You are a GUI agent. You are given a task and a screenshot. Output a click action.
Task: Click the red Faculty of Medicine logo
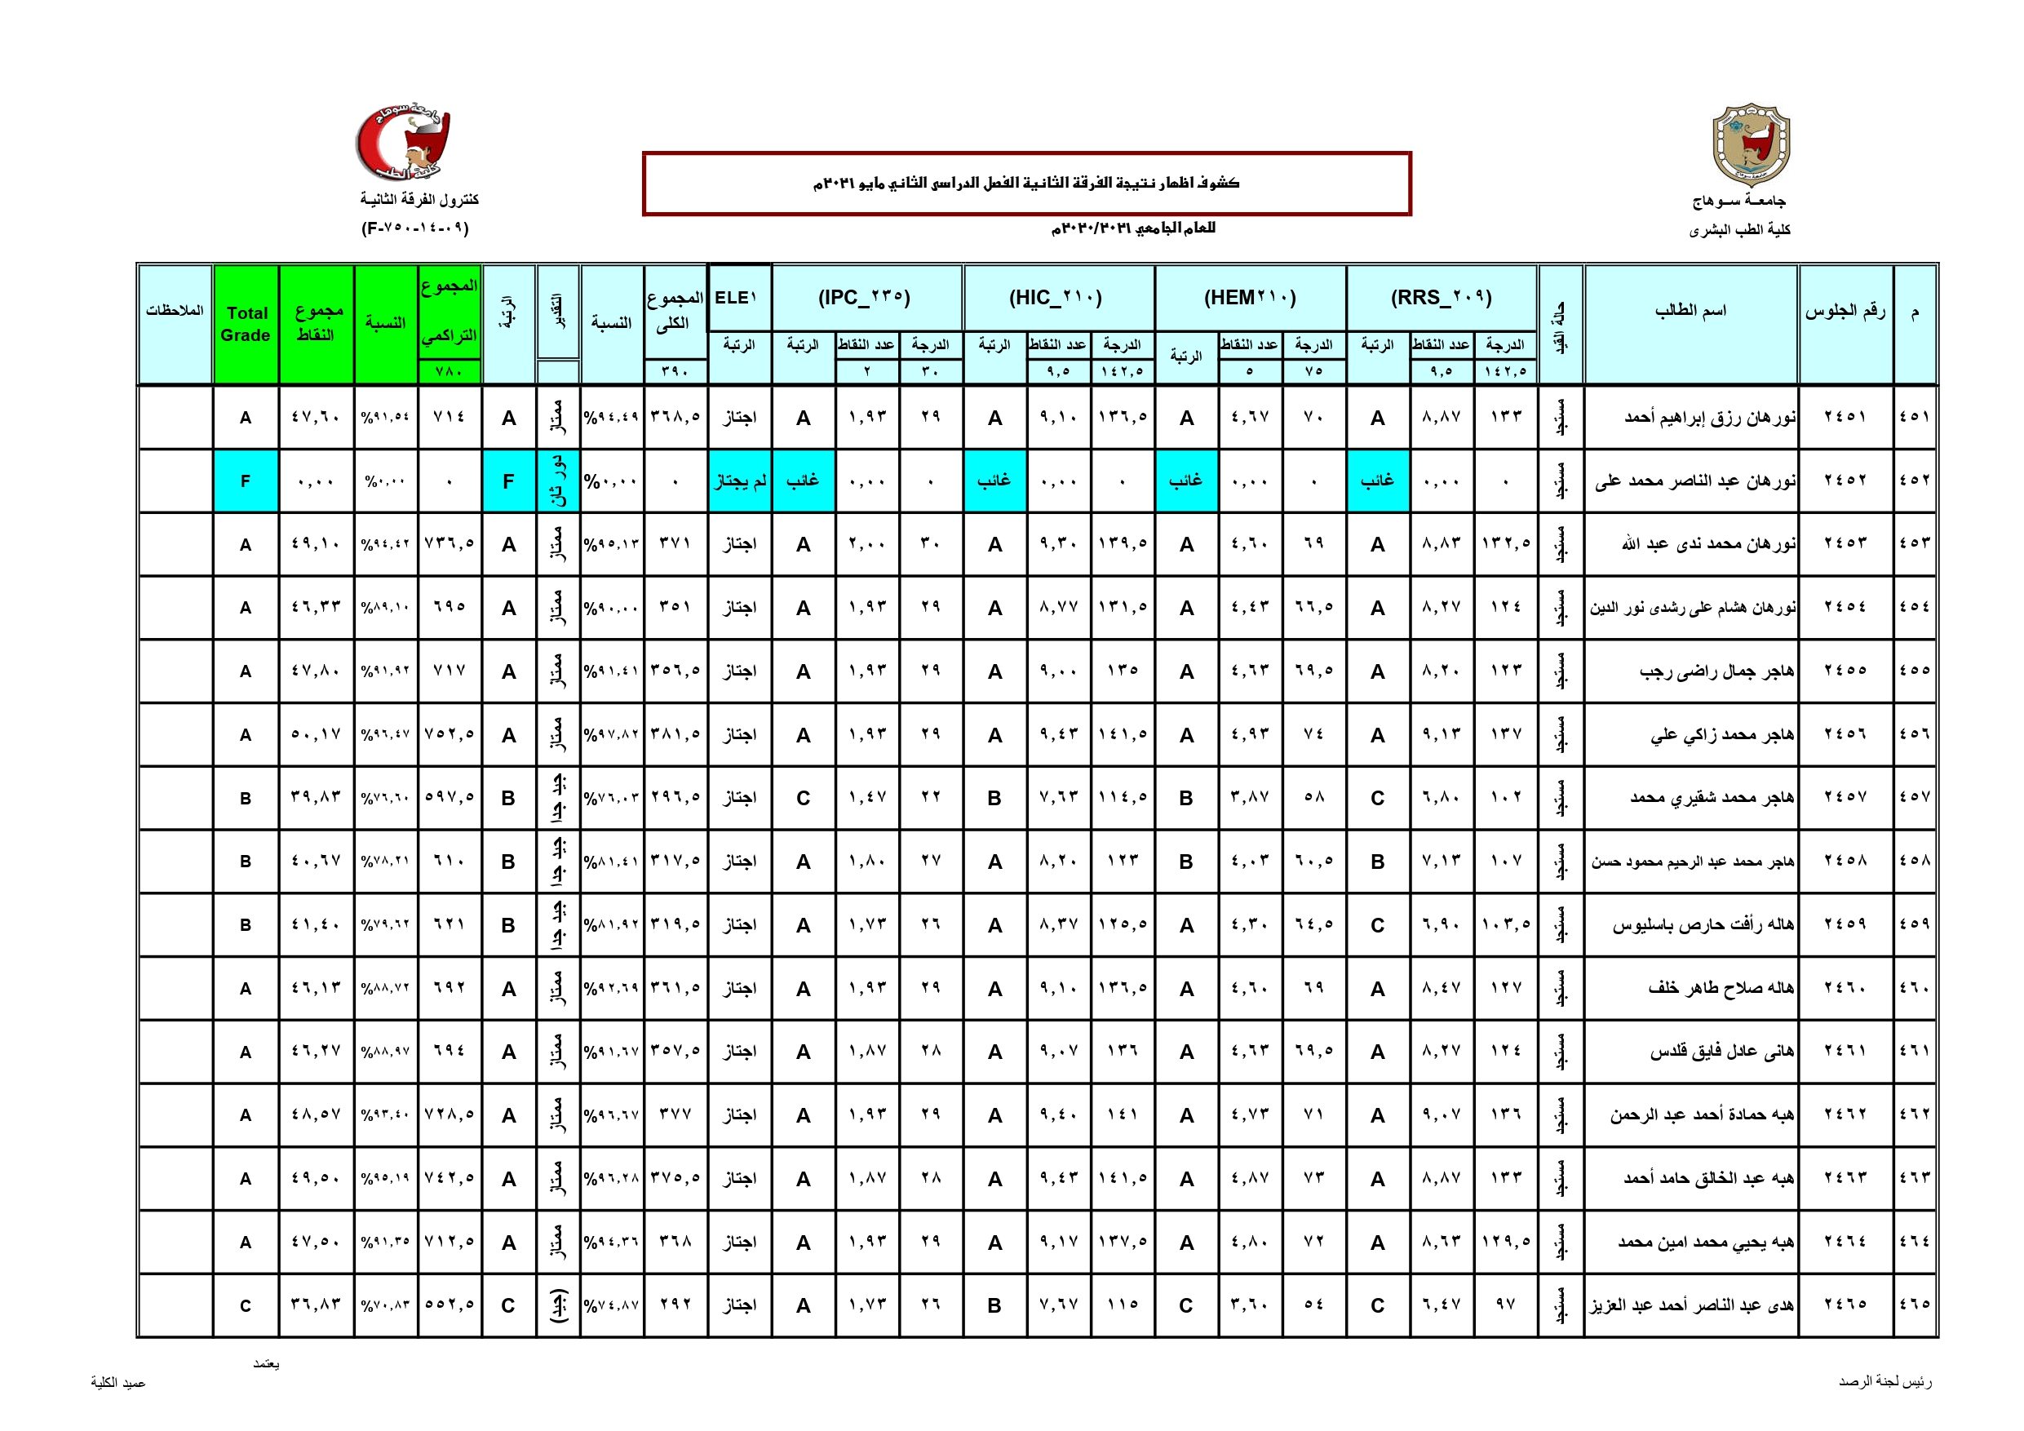tap(403, 142)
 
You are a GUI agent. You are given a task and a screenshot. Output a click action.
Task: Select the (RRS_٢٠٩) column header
tap(1442, 298)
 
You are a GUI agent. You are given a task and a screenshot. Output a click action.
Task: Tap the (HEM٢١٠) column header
tap(1250, 298)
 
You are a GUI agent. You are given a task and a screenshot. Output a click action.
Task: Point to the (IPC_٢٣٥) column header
tap(865, 298)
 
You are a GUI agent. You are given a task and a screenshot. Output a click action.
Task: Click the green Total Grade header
tap(246, 324)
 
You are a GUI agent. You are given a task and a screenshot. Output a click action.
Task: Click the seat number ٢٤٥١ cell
tap(1845, 417)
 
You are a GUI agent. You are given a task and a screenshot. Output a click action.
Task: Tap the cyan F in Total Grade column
tap(246, 481)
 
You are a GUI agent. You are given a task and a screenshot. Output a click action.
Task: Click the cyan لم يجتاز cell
tap(740, 481)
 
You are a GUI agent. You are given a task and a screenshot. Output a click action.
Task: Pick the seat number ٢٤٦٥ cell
tap(1845, 1305)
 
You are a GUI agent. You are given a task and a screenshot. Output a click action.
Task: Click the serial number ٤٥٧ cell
tap(1914, 798)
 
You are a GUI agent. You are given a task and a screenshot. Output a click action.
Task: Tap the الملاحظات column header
tap(175, 310)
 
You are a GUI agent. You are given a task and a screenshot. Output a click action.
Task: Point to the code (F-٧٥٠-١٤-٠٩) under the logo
tap(415, 228)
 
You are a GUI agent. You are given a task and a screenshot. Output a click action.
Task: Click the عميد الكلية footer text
tap(118, 1383)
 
